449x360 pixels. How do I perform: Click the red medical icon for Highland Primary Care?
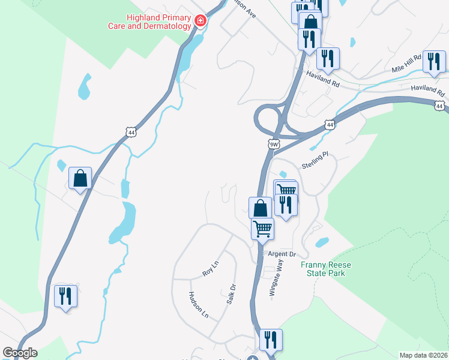click(x=200, y=22)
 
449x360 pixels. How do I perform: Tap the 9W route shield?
click(x=273, y=144)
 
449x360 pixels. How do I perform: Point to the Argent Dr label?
click(x=282, y=254)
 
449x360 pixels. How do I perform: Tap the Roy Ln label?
click(x=208, y=272)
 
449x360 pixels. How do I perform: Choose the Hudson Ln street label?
click(x=199, y=305)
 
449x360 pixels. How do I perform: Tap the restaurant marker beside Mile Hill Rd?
click(x=433, y=61)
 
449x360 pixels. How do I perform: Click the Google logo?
click(x=20, y=353)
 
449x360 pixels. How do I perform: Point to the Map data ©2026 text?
click(x=423, y=355)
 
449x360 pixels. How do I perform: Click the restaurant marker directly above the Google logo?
click(x=65, y=296)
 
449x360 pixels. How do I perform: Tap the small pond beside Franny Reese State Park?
click(x=322, y=242)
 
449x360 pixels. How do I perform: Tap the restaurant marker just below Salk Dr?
click(x=271, y=340)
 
